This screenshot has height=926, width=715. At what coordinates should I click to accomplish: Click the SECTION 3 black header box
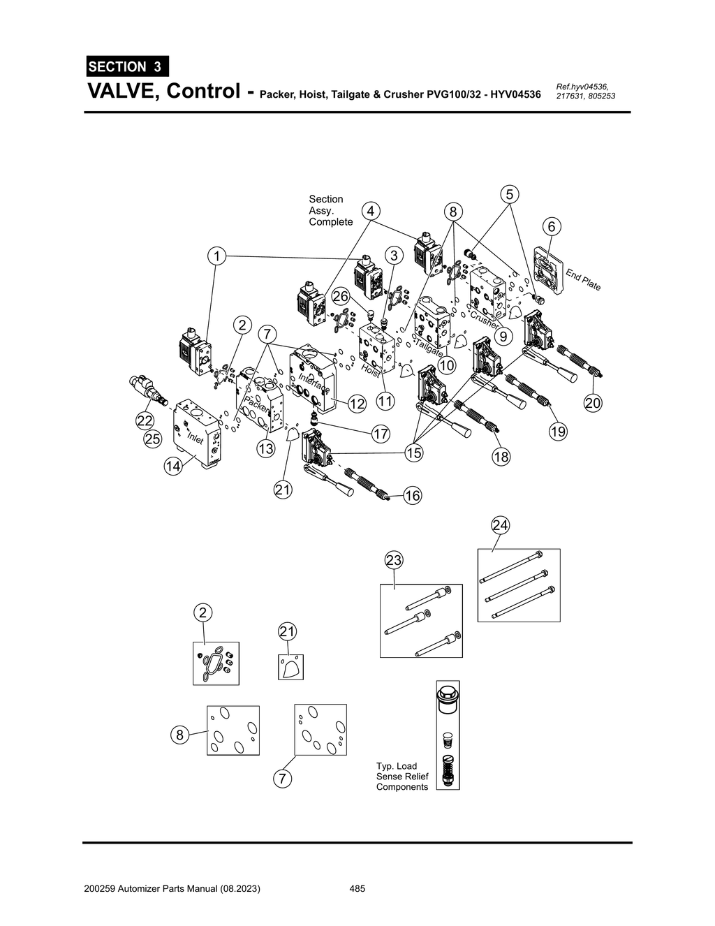coord(126,67)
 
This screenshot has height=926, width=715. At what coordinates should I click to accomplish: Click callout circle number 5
coord(510,193)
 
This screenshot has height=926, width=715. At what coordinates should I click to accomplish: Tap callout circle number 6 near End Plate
coord(551,226)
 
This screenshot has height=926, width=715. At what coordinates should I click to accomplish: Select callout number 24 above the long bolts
coord(499,525)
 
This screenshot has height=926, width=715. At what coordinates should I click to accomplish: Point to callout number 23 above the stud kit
coord(394,560)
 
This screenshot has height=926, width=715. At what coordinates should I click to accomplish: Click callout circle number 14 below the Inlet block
coord(173,466)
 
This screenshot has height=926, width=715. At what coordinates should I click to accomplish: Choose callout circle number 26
coord(340,296)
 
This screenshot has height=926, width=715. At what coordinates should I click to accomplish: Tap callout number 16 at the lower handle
coord(412,496)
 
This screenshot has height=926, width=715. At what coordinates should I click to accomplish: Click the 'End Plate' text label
coord(583,279)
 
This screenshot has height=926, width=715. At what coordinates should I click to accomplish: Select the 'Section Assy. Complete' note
coord(330,210)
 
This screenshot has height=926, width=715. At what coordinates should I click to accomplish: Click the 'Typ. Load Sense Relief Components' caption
coord(401,777)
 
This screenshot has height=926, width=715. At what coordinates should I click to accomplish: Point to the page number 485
coord(357,889)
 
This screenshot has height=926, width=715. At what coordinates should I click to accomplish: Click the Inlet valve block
coord(200,433)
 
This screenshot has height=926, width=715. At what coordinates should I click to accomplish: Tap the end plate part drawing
coord(549,270)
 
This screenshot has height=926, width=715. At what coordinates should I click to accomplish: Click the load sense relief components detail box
coord(448,735)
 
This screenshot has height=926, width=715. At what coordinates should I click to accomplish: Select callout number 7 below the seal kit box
coord(281,778)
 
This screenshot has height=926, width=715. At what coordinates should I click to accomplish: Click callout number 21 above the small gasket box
coord(287,631)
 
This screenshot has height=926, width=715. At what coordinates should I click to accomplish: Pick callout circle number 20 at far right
coord(592,403)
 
